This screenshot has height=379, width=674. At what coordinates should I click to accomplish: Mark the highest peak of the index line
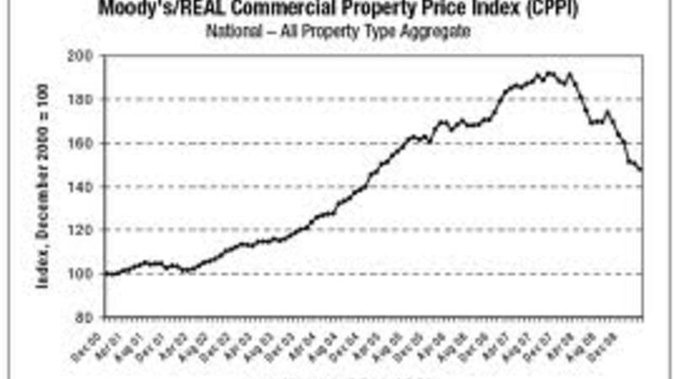click(549, 72)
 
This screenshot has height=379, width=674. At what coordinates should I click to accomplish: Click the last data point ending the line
click(641, 170)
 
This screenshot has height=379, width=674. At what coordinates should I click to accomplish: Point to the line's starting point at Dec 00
click(104, 274)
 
